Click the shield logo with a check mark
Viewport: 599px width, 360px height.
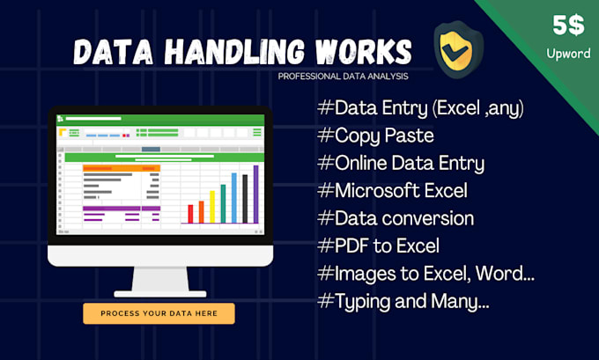click(452, 49)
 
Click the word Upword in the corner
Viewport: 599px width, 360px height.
click(567, 54)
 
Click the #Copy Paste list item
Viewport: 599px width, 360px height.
click(373, 136)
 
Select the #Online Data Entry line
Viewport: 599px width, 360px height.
click(399, 164)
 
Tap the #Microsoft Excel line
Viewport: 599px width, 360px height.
click(391, 190)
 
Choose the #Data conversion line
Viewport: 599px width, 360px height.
click(395, 217)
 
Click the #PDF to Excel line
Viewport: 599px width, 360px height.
click(377, 245)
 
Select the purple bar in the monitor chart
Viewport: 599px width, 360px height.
click(255, 193)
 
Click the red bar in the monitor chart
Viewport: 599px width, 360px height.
click(190, 214)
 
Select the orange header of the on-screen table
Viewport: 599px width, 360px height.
click(122, 167)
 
